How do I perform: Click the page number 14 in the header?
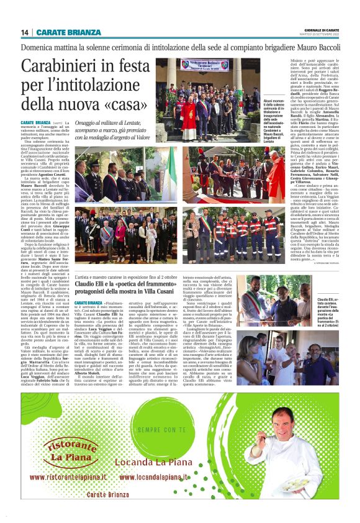click(25, 32)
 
